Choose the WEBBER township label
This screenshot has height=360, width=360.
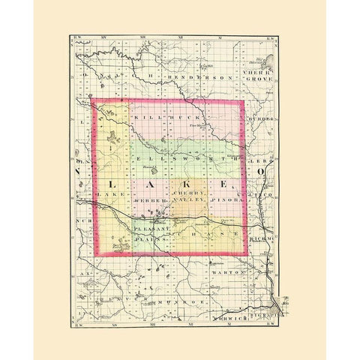click(x=147, y=201)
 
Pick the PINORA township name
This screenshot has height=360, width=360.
click(x=226, y=201)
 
